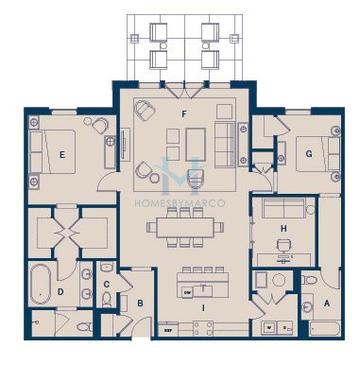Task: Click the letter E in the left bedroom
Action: pyautogui.click(x=62, y=154)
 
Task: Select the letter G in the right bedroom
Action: pyautogui.click(x=309, y=153)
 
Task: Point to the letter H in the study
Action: pyautogui.click(x=284, y=229)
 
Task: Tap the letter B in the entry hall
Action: pyautogui.click(x=141, y=303)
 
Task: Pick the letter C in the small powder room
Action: pyautogui.click(x=106, y=284)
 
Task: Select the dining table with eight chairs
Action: pyautogui.click(x=187, y=226)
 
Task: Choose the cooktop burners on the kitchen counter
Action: pyautogui.click(x=268, y=327)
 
